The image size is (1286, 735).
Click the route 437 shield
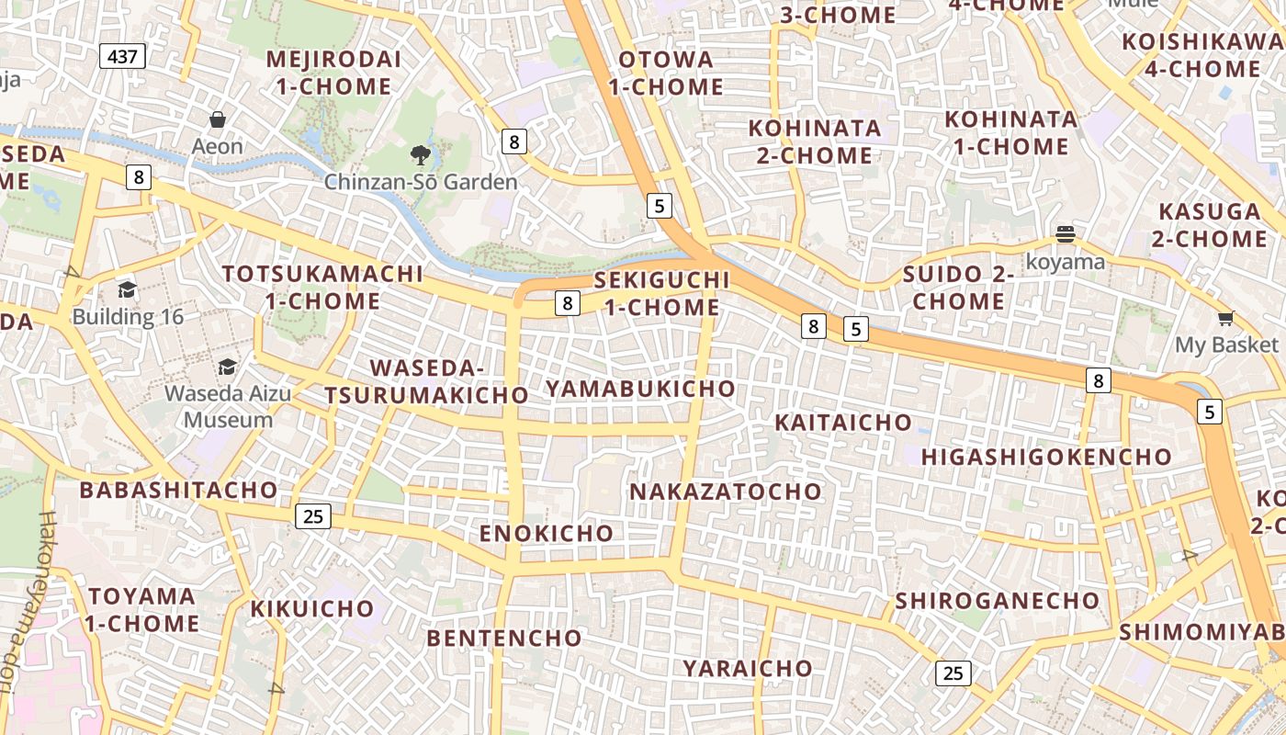click(x=122, y=57)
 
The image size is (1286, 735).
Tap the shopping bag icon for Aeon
click(x=218, y=119)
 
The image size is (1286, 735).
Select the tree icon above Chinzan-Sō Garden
click(x=421, y=154)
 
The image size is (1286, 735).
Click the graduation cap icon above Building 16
click(x=127, y=290)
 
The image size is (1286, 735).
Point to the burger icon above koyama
click(x=1066, y=234)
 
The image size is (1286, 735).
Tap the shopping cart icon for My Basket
click(x=1225, y=319)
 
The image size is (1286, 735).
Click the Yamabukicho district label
click(x=640, y=389)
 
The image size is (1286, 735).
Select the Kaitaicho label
click(x=843, y=423)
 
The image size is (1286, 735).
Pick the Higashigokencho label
click(x=1046, y=457)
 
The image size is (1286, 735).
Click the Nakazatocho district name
click(x=725, y=492)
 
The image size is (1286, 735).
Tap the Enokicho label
click(x=547, y=533)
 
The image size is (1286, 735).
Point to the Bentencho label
click(x=504, y=638)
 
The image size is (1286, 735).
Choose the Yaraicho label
click(x=747, y=668)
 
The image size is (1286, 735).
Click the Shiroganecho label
click(x=997, y=601)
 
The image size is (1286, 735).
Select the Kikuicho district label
click(x=312, y=608)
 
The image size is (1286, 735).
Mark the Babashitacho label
click(x=178, y=490)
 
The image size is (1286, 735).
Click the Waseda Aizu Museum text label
click(x=228, y=407)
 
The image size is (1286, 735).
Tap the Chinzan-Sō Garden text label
click(x=421, y=182)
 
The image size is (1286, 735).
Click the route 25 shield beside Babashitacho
click(x=313, y=516)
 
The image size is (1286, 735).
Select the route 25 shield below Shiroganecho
click(x=953, y=673)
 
